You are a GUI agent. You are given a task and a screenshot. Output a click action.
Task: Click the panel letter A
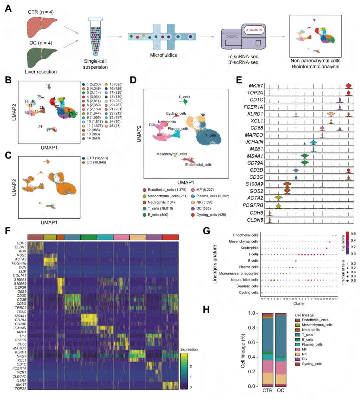tap(8, 8)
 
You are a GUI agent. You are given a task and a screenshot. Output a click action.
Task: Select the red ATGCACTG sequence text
tap(254, 30)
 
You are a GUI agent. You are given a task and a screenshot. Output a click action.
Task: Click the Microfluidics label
tap(163, 55)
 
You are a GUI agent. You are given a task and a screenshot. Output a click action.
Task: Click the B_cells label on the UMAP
tap(184, 97)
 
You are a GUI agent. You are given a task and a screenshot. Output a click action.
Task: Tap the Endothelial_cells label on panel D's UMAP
tap(198, 165)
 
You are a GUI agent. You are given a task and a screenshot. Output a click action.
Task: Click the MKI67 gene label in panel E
tap(255, 86)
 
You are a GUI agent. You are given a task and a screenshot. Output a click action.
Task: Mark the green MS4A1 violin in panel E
tap(304, 156)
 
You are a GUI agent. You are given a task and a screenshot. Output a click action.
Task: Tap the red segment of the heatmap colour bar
tap(170, 237)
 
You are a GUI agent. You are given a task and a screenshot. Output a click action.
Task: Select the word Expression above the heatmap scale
tap(189, 349)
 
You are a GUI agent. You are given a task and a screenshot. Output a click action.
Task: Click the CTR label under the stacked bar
tap(267, 390)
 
